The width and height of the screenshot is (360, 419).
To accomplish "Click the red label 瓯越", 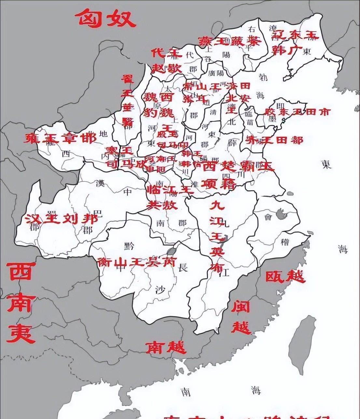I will click(x=285, y=276).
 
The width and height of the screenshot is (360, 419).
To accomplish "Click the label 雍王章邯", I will click(x=61, y=138).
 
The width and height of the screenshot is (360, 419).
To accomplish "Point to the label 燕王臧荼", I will click(x=229, y=41).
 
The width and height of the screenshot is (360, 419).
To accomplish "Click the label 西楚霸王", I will click(x=239, y=166).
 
